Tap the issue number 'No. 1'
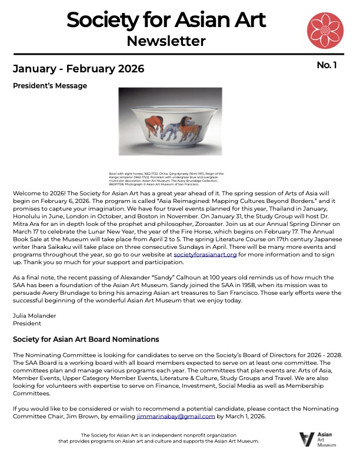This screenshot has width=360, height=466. pyautogui.click(x=326, y=65)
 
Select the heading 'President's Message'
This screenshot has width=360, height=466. pyautogui.click(x=50, y=86)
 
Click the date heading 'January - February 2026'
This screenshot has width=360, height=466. pyautogui.click(x=78, y=68)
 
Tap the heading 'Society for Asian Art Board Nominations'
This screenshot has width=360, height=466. pyautogui.click(x=86, y=339)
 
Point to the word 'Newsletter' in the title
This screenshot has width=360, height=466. pyautogui.click(x=166, y=41)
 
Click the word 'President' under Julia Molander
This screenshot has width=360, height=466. pyautogui.click(x=27, y=323)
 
